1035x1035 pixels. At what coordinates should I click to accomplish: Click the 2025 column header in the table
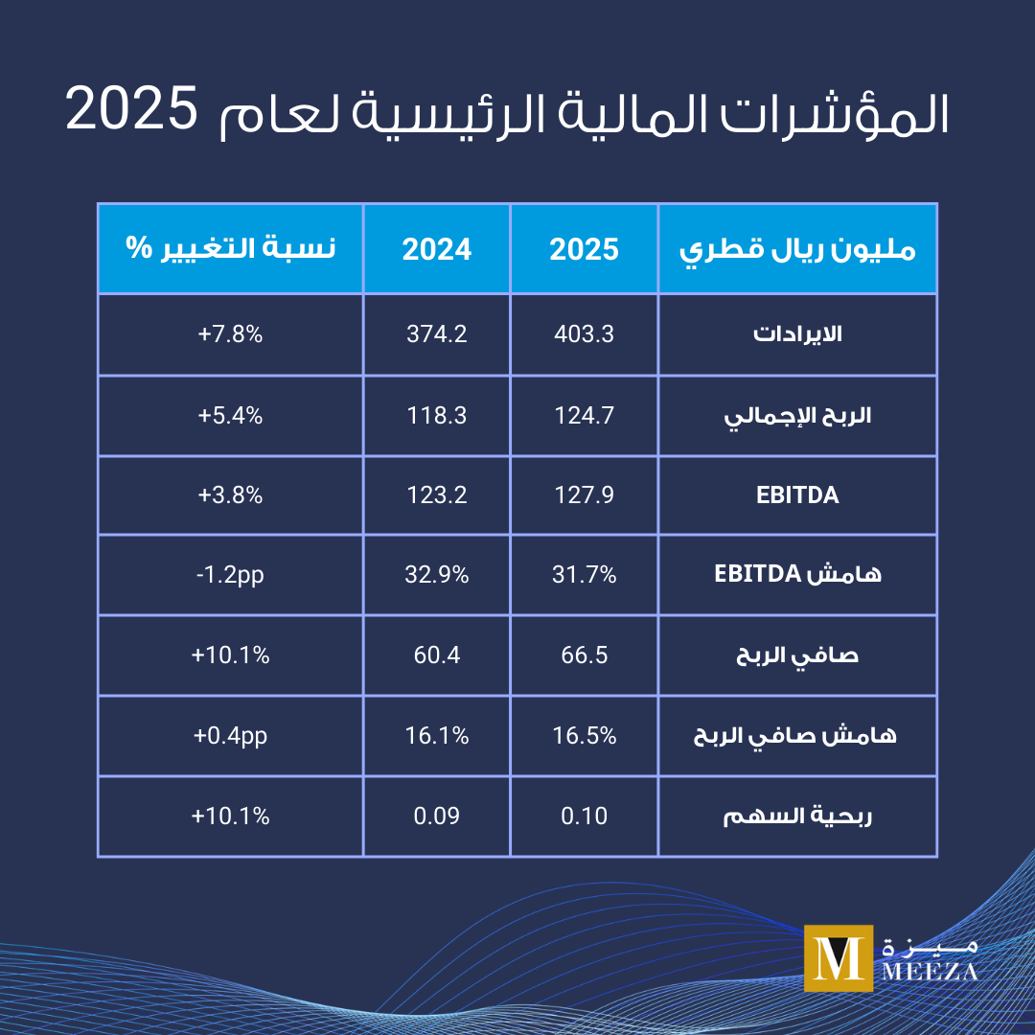click(584, 249)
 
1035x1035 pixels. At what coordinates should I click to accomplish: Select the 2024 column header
click(436, 249)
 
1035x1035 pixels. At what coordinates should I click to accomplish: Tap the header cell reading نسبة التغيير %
click(230, 248)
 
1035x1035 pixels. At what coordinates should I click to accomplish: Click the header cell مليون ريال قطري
click(797, 250)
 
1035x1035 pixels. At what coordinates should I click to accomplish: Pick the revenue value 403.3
click(584, 334)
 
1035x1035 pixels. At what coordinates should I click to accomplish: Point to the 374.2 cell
click(436, 334)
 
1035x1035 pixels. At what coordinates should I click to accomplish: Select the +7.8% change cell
click(230, 334)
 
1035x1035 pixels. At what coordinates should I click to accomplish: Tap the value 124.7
click(584, 416)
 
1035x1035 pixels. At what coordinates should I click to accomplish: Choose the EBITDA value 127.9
click(584, 495)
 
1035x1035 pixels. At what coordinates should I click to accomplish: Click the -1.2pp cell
click(230, 575)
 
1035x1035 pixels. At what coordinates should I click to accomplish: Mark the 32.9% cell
click(436, 575)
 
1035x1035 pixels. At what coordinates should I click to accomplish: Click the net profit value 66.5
click(584, 655)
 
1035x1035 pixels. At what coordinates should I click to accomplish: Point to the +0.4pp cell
click(230, 736)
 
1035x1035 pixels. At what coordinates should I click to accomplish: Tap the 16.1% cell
click(436, 736)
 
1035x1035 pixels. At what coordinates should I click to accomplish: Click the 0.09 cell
click(436, 816)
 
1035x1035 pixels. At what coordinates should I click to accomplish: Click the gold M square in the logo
click(839, 957)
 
